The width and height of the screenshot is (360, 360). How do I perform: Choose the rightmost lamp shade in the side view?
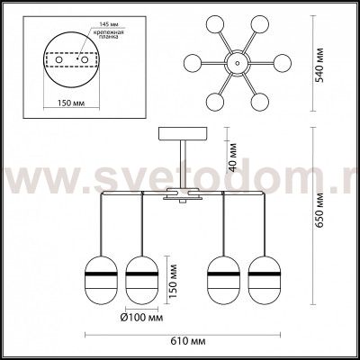(x=264, y=275)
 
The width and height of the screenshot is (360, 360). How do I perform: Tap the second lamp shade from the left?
(x=140, y=275)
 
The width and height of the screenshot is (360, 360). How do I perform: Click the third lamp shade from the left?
(x=221, y=275)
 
